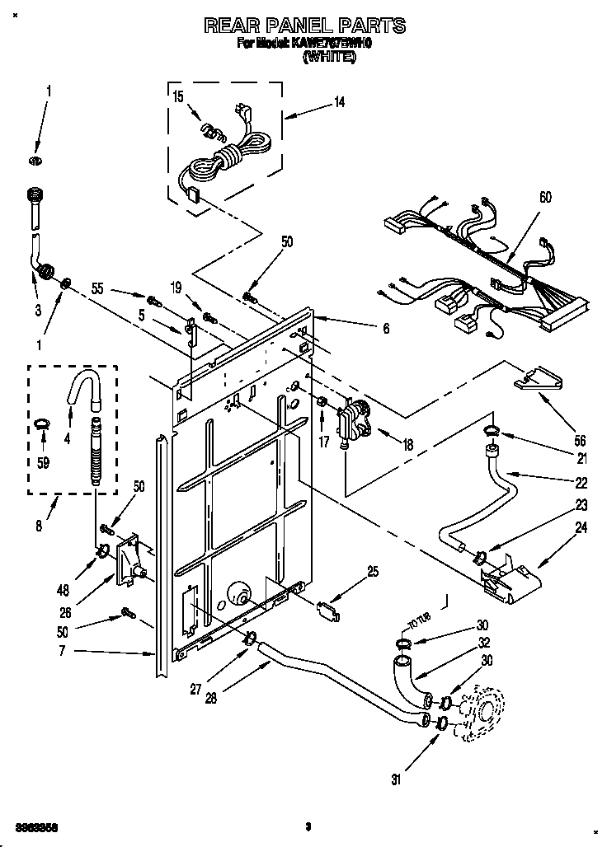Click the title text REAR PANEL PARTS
304,26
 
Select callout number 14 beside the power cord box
339,102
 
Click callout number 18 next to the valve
407,445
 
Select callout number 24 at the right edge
581,528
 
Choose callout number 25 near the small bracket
373,571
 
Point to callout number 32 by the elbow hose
483,642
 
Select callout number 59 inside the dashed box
44,463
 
